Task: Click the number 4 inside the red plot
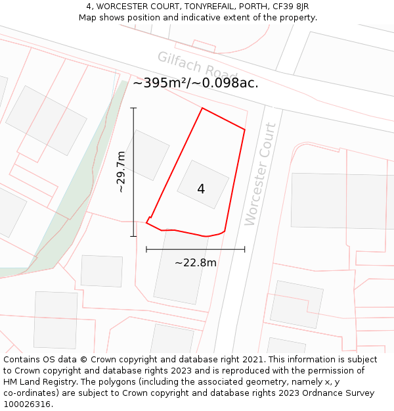pos(201,189)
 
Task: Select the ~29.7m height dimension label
pos(121,172)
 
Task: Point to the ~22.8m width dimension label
pos(195,263)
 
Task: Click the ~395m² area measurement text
pos(195,83)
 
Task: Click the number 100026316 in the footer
pos(27,404)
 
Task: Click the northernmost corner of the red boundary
pos(202,108)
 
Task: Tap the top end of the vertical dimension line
pos(133,108)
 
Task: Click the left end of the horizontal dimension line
pos(146,249)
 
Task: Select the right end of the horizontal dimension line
pos(244,249)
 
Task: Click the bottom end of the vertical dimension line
pos(133,236)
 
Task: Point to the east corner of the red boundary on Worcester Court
pos(244,130)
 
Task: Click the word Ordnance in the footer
pos(334,393)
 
